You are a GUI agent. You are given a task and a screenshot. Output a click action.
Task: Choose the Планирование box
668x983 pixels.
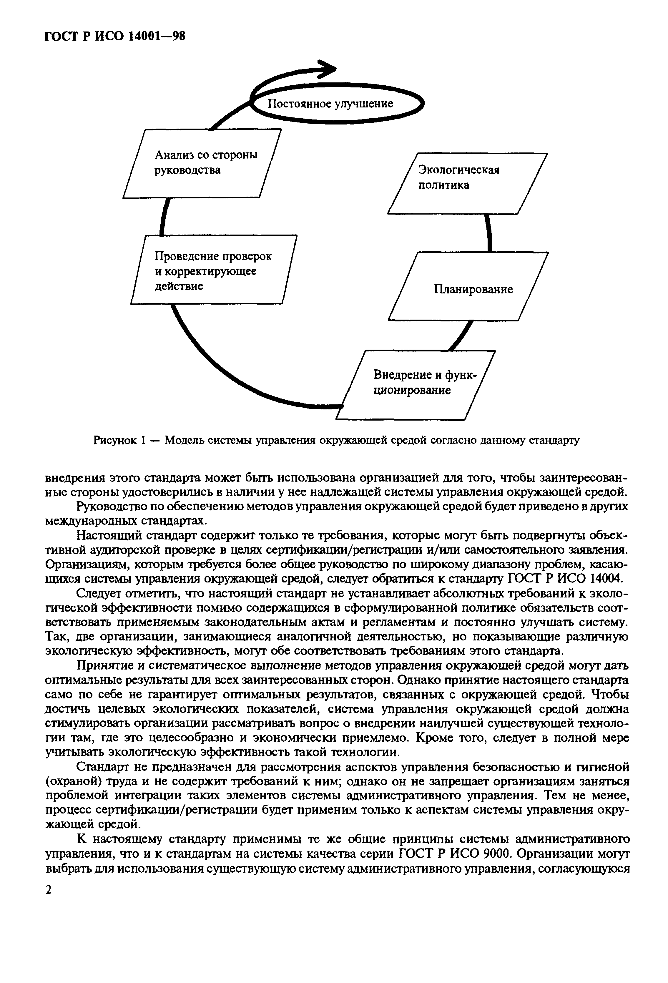click(468, 286)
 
